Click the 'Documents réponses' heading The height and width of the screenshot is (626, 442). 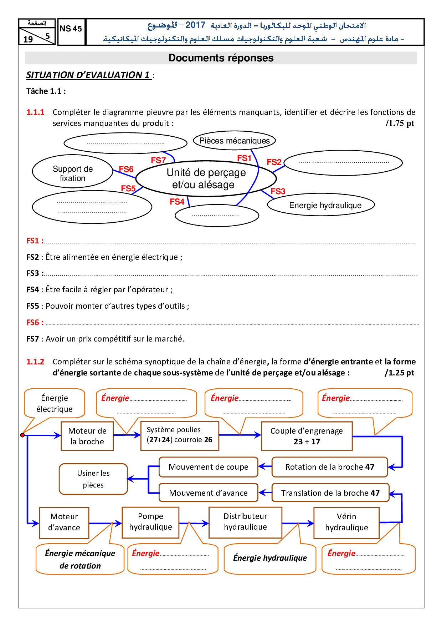[221, 58]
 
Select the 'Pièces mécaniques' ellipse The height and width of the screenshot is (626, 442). [234, 141]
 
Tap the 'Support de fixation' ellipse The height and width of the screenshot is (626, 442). [73, 173]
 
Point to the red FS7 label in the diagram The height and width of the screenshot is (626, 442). [158, 160]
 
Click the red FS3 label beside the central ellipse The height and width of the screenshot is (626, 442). [278, 191]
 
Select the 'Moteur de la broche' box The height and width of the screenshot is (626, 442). [87, 436]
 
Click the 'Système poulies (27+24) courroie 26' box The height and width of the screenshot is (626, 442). [180, 435]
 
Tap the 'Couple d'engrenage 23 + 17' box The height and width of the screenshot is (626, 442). [307, 436]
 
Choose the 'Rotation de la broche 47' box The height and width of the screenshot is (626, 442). [330, 467]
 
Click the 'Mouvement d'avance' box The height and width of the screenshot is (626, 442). [208, 493]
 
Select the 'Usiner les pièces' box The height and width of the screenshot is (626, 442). [93, 479]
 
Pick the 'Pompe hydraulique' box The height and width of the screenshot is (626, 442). [150, 522]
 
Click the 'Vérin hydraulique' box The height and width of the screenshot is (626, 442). [346, 522]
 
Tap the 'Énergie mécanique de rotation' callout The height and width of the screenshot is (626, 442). [80, 559]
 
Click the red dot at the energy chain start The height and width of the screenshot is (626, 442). [22, 435]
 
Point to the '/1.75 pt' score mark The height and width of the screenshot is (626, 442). [400, 123]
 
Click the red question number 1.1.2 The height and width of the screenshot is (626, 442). [35, 362]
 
